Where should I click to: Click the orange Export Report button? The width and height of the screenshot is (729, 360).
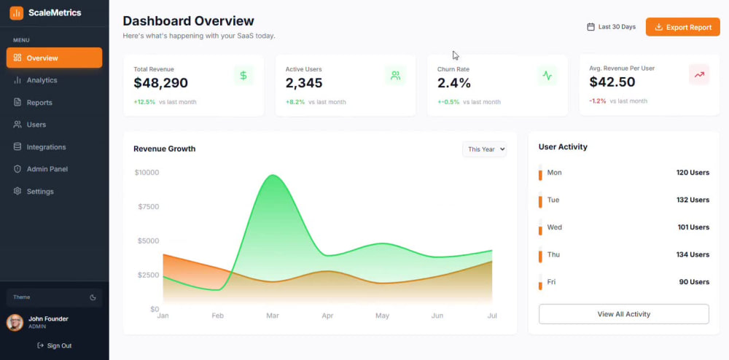(x=682, y=27)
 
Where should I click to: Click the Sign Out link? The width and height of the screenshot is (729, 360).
(x=55, y=345)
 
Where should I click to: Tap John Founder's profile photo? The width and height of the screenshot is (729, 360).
(x=15, y=322)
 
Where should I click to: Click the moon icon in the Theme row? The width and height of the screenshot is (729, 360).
(x=93, y=297)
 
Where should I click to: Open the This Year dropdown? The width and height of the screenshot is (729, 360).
(x=484, y=149)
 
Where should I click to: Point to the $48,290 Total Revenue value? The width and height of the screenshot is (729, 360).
(x=161, y=82)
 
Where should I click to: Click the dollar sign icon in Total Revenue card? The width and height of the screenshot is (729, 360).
(x=243, y=75)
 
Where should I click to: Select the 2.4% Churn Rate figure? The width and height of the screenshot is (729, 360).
(x=453, y=82)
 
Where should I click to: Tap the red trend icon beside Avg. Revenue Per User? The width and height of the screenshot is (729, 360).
(x=699, y=74)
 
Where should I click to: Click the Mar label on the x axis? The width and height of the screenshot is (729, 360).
(x=273, y=316)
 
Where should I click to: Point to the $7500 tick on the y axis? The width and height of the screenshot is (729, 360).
(x=148, y=207)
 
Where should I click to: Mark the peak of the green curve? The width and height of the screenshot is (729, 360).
(x=273, y=175)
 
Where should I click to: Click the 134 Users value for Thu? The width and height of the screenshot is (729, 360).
(x=693, y=254)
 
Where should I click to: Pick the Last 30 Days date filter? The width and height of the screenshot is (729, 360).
(x=612, y=27)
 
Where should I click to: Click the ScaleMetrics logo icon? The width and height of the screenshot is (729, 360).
(x=16, y=13)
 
